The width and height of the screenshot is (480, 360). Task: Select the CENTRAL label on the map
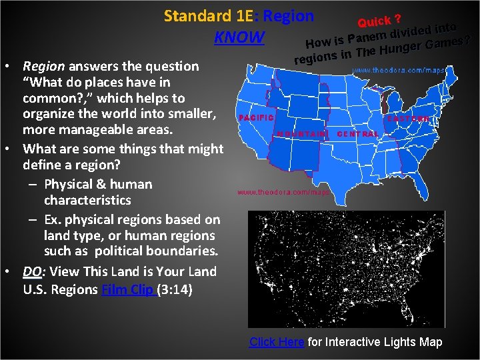point(358,134)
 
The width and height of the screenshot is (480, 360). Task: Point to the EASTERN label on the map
point(409,119)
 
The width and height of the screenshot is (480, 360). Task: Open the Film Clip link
point(129,289)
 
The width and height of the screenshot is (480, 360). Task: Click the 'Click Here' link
point(277,342)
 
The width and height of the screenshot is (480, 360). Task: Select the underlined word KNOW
point(239,37)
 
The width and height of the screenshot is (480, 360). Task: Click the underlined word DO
point(32,271)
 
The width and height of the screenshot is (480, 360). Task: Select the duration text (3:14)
point(175,289)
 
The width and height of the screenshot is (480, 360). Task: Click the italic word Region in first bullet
point(43,66)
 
